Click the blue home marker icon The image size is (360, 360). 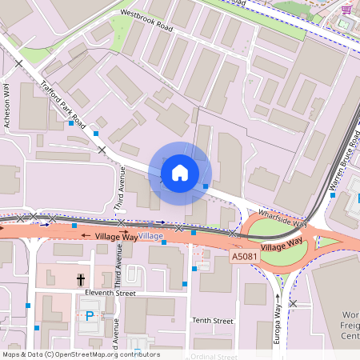pos(180,172)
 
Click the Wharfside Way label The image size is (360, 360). pos(282,218)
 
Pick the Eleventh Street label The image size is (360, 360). pos(110,294)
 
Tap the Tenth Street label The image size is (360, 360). pos(212,321)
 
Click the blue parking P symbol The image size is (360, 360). pos(90,316)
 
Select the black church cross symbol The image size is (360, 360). pos(80,279)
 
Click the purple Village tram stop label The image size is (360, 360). pos(150,237)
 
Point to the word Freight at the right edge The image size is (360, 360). pos(350,325)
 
